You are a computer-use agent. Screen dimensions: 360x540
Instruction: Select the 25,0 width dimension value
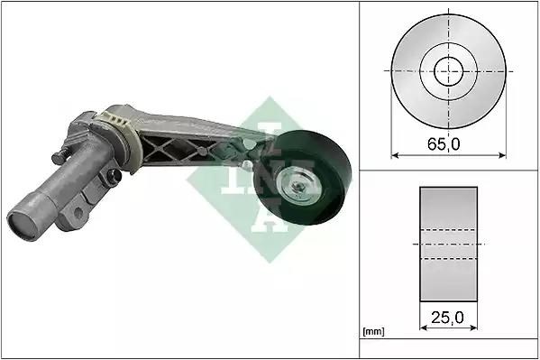tap(448, 317)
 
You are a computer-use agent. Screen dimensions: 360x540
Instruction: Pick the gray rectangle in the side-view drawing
tap(448, 245)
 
